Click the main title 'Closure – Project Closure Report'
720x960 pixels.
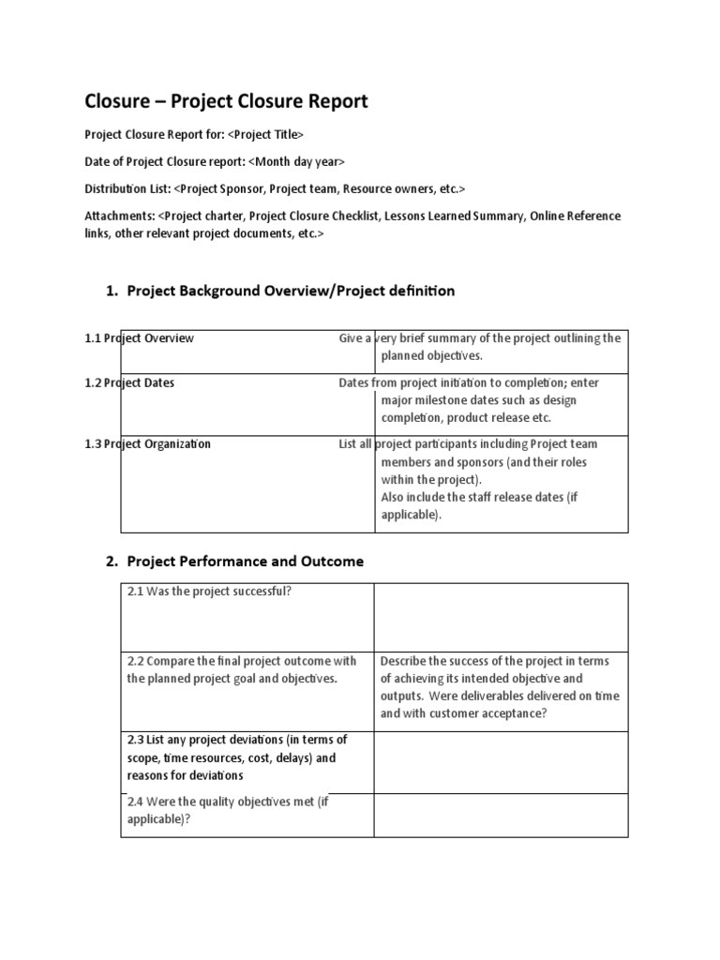pyautogui.click(x=227, y=100)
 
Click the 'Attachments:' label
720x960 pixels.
pyautogui.click(x=120, y=216)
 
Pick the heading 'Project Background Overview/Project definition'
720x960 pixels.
pyautogui.click(x=291, y=291)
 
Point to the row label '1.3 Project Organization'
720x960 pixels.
pyautogui.click(x=147, y=444)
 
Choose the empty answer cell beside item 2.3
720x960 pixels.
pyautogui.click(x=501, y=761)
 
